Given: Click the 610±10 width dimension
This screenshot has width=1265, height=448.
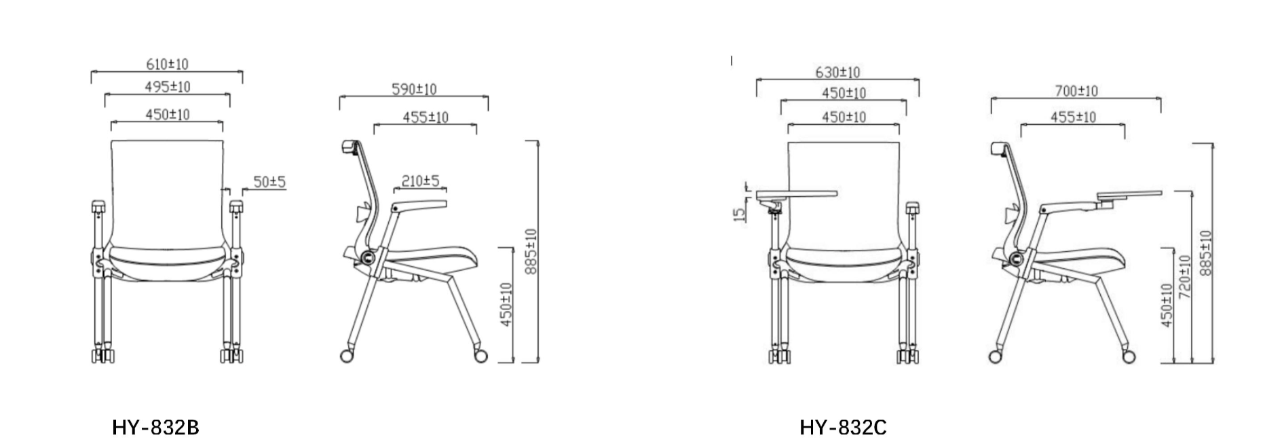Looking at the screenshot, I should click(x=167, y=64).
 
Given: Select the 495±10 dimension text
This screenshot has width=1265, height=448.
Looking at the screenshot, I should click(x=167, y=88).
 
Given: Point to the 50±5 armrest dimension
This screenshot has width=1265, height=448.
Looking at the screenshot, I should click(x=269, y=182).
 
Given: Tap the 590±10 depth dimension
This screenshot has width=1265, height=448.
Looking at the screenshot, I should click(x=413, y=90).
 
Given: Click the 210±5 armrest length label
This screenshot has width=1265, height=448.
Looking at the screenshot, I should click(x=420, y=181).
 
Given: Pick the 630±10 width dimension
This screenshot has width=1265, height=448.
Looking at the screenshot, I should click(x=837, y=73).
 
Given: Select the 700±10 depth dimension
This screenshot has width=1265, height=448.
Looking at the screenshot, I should click(x=1076, y=91).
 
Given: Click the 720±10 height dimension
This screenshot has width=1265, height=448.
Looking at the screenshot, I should click(x=1185, y=278).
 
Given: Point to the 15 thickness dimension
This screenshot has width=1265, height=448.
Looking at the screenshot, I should click(x=740, y=213).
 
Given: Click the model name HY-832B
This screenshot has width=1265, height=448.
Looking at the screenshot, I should click(x=155, y=428).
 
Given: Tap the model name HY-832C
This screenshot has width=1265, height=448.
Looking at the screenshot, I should click(x=843, y=428).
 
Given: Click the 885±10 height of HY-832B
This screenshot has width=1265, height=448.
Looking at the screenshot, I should click(x=531, y=251).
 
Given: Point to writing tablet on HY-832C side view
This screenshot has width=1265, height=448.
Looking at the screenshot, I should click(x=1129, y=196).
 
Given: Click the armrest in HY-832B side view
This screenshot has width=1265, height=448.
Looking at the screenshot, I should click(x=419, y=207).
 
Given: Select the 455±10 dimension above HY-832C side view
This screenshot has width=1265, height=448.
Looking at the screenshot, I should click(x=1073, y=117).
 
